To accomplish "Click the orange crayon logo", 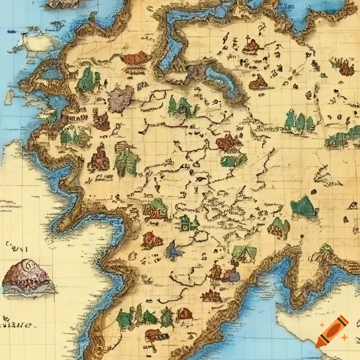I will (x=332, y=332).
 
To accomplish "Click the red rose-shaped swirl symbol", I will (x=152, y=240).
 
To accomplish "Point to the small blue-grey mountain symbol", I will (x=174, y=250).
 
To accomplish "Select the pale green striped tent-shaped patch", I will (x=244, y=253).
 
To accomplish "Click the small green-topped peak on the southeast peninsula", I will (x=326, y=248).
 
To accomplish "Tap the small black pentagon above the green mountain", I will (x=313, y=192).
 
